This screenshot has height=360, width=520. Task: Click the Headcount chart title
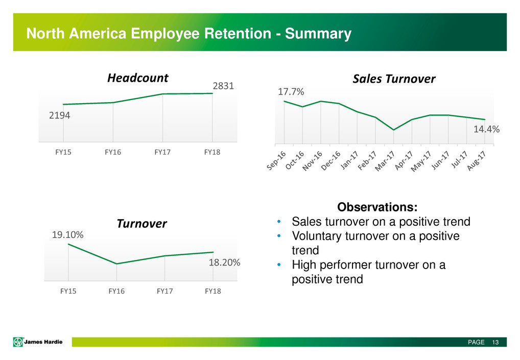pos(137,78)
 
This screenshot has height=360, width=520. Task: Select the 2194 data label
pos(59,116)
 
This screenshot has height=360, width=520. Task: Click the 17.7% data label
pos(291,92)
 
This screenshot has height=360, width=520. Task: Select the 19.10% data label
pos(68,235)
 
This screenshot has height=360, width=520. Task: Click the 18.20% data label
pos(224,263)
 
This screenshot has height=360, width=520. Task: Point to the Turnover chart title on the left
pos(142,224)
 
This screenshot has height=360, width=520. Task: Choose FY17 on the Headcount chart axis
pos(162,153)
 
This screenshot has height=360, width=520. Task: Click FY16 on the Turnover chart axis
pos(117,292)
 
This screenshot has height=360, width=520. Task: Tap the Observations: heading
pos(377,208)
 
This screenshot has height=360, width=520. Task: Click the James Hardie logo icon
pos(17,342)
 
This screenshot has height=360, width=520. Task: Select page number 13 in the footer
pos(495,342)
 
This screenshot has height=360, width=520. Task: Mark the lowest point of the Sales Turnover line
pos(393,130)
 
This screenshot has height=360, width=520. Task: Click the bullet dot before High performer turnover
pos(278,266)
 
